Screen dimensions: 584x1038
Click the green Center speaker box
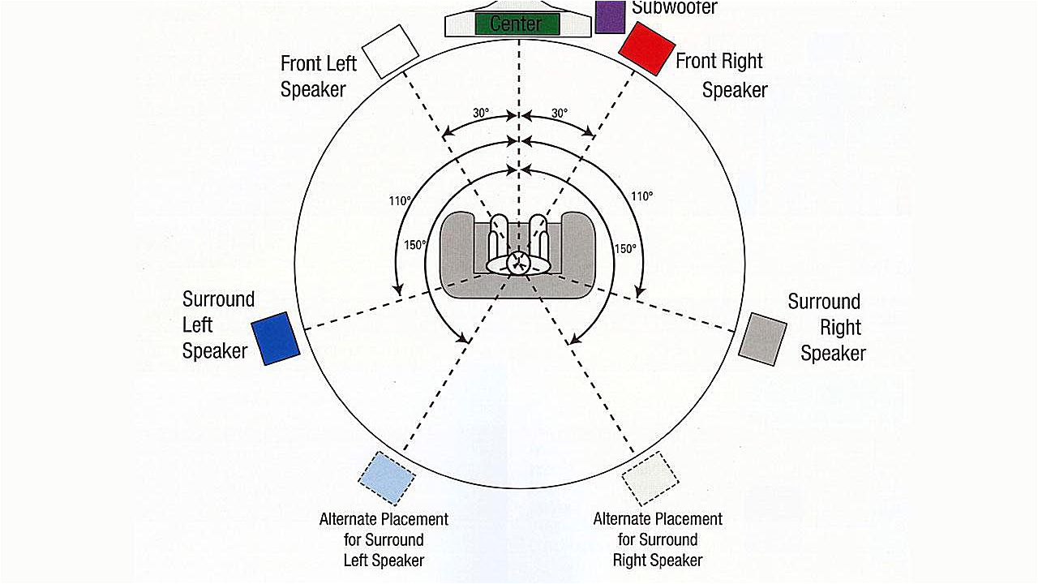(x=516, y=23)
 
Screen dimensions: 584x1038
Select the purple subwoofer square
(x=608, y=16)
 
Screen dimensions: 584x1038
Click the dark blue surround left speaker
(x=275, y=338)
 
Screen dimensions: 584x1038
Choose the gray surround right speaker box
(x=762, y=338)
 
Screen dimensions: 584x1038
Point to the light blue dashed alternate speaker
(x=387, y=477)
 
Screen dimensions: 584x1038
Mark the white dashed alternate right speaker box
(x=650, y=479)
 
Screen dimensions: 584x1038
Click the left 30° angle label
(x=481, y=114)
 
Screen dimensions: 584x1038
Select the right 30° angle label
(x=560, y=114)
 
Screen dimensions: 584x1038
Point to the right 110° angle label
(x=642, y=196)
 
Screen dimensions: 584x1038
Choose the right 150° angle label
(x=625, y=249)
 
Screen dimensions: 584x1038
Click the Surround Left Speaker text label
(x=217, y=324)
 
